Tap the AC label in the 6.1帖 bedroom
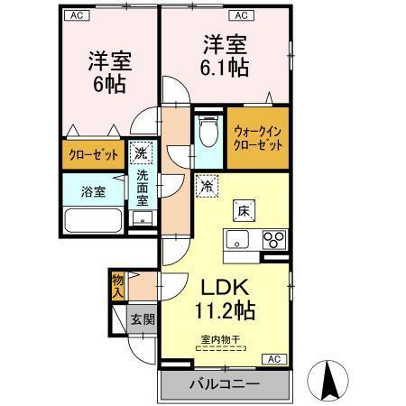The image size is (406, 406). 240,15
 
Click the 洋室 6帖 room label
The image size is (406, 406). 109,73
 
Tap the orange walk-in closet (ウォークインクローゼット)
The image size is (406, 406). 258,140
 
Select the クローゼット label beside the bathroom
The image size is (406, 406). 94,154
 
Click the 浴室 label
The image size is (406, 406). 93,191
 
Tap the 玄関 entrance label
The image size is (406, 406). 143,318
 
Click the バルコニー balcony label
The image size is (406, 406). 224,384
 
